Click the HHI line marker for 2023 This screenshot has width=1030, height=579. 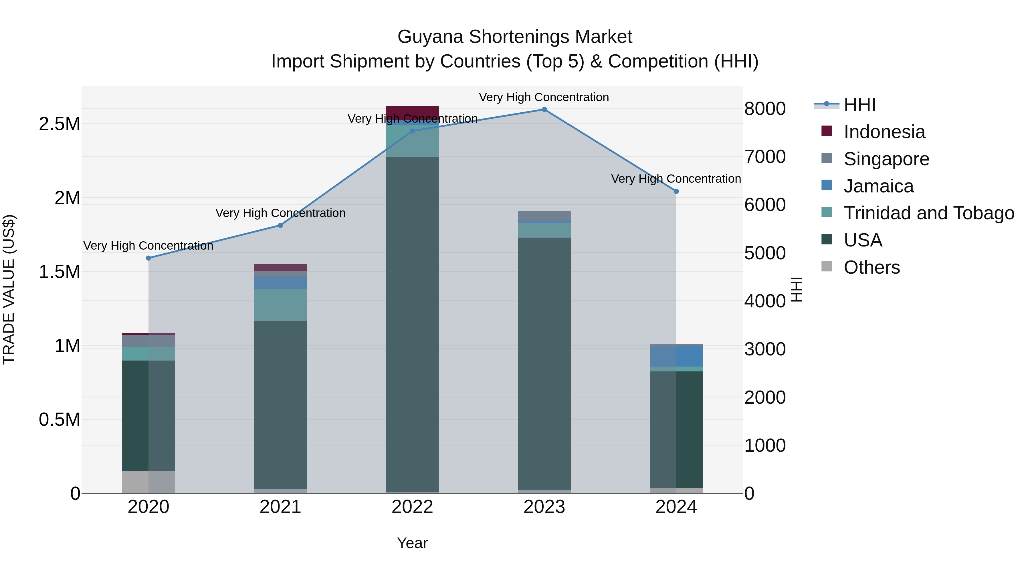tap(544, 110)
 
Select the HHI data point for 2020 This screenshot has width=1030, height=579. tap(149, 258)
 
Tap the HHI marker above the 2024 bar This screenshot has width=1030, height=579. tap(676, 191)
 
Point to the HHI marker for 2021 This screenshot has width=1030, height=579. tap(280, 225)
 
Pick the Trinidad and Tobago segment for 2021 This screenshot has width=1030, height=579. tap(280, 305)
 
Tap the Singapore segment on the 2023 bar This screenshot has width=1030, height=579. tap(544, 215)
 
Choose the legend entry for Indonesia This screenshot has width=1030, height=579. tap(884, 132)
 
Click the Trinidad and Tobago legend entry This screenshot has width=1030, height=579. tap(928, 213)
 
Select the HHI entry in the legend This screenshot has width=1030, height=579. tap(860, 105)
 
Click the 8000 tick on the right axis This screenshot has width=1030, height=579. tap(765, 109)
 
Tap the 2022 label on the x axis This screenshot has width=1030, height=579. tap(412, 507)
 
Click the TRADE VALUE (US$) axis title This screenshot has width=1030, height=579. tap(9, 289)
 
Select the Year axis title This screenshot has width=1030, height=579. tap(412, 543)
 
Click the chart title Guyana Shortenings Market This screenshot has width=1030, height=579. tap(515, 37)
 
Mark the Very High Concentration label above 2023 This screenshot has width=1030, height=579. tap(544, 97)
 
